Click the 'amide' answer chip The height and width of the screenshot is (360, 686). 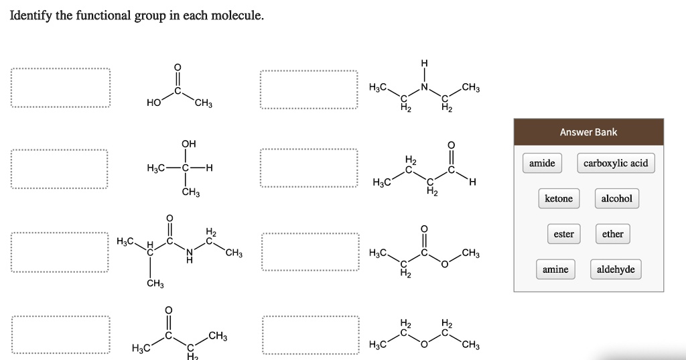tap(542, 163)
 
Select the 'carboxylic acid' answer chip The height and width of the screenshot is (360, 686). tap(616, 163)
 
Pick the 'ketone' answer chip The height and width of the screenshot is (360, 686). tap(559, 198)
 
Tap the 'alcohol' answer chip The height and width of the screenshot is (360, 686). tap(616, 198)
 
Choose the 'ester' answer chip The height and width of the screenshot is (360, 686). tap(563, 234)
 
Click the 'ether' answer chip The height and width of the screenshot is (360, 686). tap(612, 234)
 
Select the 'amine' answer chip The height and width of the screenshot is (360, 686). tap(555, 269)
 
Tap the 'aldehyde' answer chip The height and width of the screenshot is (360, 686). tap(616, 269)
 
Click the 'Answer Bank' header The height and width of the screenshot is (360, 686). tap(588, 132)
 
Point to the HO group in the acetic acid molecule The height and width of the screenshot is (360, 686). tap(153, 103)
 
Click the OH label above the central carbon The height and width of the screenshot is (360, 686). tap(188, 143)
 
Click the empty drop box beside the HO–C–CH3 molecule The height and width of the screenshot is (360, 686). tap(60, 88)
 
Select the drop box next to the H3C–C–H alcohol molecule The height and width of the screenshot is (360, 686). tap(59, 169)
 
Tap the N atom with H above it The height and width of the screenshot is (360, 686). tap(424, 86)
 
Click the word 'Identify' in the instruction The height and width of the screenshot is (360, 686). tap(30, 15)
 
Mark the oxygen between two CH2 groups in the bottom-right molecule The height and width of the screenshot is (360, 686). tap(424, 345)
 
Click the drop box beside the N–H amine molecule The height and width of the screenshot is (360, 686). tap(309, 89)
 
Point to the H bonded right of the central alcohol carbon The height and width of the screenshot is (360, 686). tap(210, 168)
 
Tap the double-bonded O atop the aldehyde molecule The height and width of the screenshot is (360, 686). tap(450, 144)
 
